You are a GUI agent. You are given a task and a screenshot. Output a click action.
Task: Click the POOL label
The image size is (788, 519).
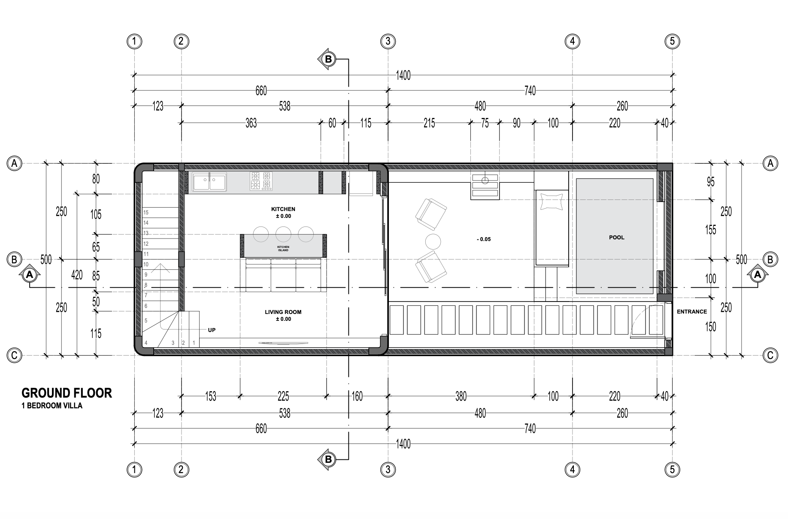pos(617,237)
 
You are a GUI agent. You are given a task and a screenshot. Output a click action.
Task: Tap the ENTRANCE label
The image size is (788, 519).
pos(692,312)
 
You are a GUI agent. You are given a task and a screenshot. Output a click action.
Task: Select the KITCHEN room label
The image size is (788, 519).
pos(283,209)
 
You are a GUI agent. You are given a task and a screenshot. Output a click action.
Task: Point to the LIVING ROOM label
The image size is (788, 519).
pos(283,312)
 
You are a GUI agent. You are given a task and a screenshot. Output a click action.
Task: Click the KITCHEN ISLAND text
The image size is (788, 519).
pos(283,248)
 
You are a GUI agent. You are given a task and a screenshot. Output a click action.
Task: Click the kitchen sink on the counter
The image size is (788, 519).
pos(209,182)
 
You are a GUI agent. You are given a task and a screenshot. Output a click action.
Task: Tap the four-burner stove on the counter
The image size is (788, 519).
pos(261,181)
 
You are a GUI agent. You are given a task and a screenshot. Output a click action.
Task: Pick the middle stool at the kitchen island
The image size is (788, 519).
pos(283,234)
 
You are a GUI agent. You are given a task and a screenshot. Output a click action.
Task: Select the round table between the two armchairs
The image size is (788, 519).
pos(433,242)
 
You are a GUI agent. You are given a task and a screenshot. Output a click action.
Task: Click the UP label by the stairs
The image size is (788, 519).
pos(212,330)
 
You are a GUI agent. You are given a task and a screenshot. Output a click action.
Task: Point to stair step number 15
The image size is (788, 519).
pos(146,212)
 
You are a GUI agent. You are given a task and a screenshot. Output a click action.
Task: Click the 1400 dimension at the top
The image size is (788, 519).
pos(403,75)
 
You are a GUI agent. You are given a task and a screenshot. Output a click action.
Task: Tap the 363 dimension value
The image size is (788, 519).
pos(251,124)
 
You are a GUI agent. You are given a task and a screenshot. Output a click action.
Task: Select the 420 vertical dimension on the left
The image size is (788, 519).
pos(77,275)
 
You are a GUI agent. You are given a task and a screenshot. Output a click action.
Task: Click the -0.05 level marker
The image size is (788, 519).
pos(484,239)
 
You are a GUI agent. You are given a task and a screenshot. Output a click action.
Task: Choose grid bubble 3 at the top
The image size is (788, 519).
pos(388,41)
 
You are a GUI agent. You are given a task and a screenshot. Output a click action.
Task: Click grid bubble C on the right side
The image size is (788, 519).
pos(770,355)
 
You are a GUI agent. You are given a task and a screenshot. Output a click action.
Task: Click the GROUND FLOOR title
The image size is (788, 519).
pos(67,393)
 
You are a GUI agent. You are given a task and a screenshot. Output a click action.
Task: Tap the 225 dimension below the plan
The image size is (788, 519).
pos(283,396)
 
